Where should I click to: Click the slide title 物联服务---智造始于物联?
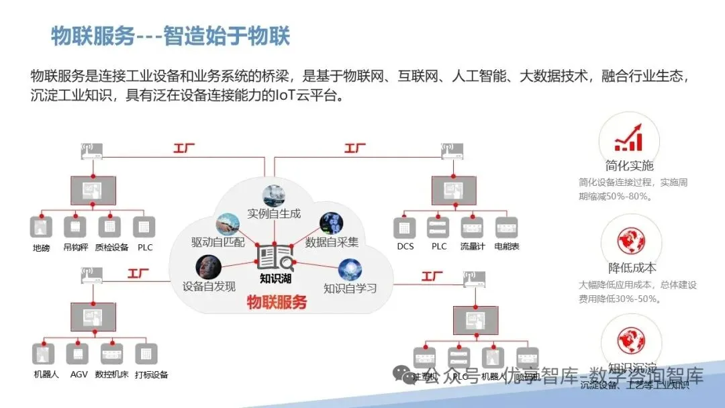171,36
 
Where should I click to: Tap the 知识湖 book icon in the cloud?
276,256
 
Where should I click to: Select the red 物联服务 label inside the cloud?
277,302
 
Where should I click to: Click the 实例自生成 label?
274,214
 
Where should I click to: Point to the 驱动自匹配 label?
218,241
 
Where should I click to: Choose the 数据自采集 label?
332,242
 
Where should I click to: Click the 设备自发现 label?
209,287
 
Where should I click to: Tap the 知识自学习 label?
350,289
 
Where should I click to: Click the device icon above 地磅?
41,227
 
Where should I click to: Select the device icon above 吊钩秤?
75,227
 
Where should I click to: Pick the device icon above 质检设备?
109,227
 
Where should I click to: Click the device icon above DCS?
405,227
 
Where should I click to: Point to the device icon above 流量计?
472,227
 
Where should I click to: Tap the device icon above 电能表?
506,227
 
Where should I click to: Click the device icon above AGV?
78,354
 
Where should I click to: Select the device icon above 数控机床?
112,354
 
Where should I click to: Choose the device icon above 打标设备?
146,354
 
